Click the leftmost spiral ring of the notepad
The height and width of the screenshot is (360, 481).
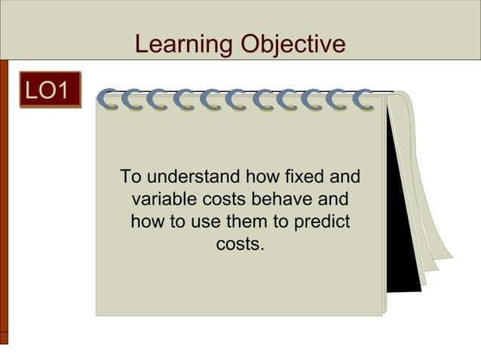pyautogui.click(x=110, y=100)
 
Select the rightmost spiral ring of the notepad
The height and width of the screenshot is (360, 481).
pyautogui.click(x=363, y=100)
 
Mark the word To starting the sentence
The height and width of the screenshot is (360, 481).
pyautogui.click(x=131, y=178)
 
